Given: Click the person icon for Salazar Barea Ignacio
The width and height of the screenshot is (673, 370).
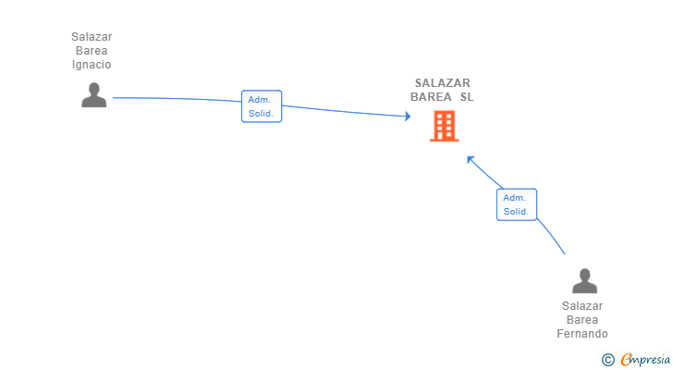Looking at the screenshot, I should coord(93,95).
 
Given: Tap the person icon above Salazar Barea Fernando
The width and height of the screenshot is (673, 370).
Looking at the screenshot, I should coord(583,280).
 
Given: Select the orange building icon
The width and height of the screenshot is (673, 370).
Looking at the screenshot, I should coord(444,126).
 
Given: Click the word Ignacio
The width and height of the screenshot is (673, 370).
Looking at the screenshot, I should coord(92,65).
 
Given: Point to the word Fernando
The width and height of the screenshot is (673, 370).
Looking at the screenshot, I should coord(582,334).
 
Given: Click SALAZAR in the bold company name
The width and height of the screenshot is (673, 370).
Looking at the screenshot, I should coord(442,82).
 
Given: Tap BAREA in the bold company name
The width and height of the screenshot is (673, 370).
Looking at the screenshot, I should coord(431,96).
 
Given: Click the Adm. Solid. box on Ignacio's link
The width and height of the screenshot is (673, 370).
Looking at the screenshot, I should coord(261,106).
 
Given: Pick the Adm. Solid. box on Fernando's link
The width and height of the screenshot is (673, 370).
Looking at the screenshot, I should coord(516,204).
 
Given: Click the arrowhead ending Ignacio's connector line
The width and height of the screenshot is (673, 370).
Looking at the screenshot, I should coord(407,117).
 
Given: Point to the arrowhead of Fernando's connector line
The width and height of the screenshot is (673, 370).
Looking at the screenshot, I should coord(470,158).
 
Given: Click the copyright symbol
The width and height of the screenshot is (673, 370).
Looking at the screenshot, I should coord(607,360).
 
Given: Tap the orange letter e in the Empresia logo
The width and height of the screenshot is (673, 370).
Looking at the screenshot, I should coord(626,360).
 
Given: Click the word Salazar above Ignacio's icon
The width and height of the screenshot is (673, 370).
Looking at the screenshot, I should coord(92,37).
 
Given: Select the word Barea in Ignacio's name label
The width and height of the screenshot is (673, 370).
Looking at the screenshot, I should coord(92,51).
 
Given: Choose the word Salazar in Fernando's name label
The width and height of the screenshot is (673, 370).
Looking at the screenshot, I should coord(582,306).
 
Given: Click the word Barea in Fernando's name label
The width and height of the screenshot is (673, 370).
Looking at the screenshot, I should coord(582,320).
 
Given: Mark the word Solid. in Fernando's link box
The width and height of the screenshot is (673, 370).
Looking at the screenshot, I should coord(516,212).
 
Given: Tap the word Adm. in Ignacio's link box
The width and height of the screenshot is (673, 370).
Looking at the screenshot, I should coord(259,99).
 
